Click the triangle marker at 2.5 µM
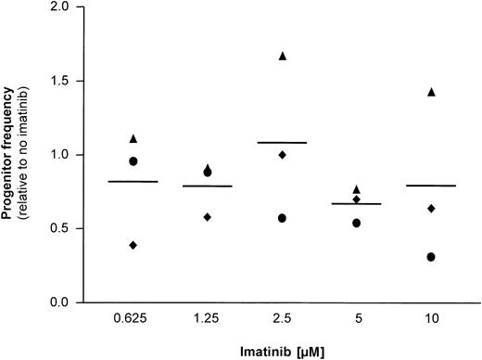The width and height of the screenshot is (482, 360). point(283,57)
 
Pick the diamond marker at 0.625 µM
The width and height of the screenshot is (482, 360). point(133,245)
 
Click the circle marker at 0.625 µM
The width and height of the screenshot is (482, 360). point(133,161)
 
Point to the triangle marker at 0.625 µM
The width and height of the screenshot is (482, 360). point(133,138)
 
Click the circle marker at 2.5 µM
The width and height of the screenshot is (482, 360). point(283,218)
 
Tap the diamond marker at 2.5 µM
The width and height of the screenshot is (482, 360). point(283,155)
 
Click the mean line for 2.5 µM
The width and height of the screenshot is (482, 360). point(283,143)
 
